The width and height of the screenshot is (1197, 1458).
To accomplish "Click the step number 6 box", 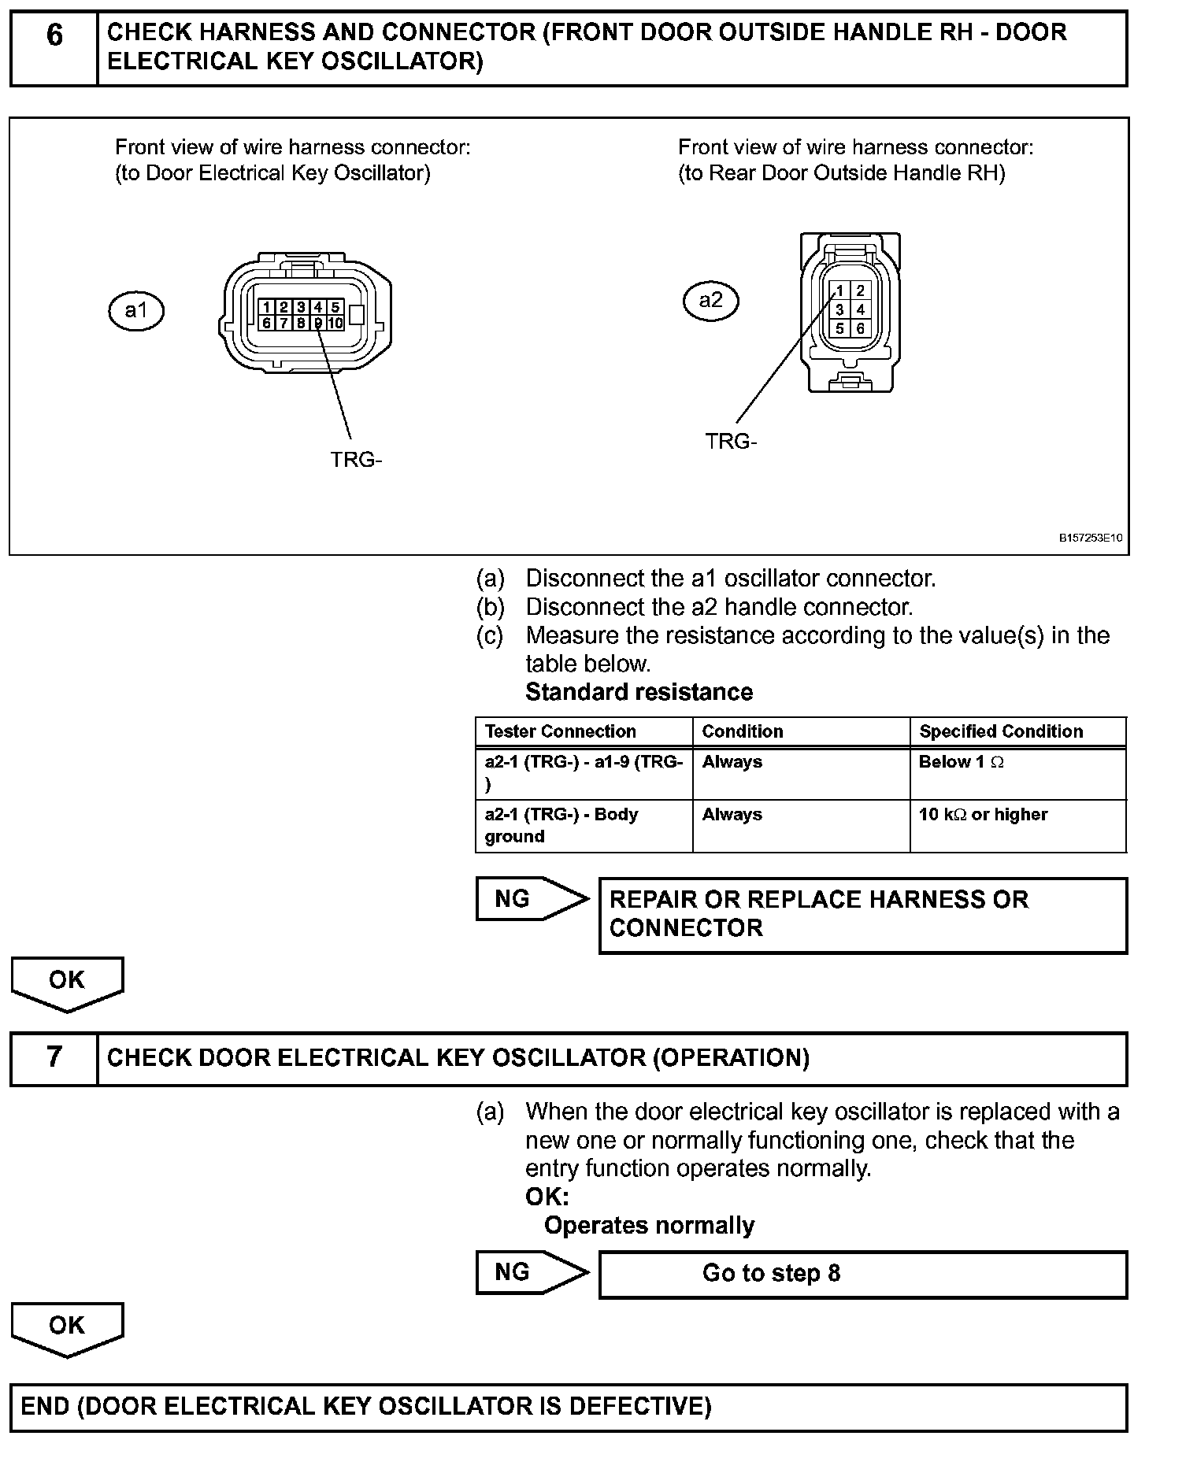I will tap(54, 47).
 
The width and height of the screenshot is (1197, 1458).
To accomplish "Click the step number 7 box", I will tap(54, 1057).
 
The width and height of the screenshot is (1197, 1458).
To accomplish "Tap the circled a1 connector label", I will tap(135, 311).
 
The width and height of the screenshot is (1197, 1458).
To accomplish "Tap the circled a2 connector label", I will tap(710, 300).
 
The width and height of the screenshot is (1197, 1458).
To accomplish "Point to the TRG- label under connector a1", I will tap(356, 460).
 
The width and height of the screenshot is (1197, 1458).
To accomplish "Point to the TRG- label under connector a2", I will tap(731, 442).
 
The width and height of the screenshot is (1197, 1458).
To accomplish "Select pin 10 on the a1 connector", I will tap(335, 323).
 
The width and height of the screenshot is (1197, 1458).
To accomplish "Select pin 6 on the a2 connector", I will tap(860, 328).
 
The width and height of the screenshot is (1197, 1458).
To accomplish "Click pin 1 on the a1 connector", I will tap(267, 307).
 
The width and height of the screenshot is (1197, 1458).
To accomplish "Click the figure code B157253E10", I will tap(1090, 538).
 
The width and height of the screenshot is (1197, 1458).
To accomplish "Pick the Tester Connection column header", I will tap(560, 731).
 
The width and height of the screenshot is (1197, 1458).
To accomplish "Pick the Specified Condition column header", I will tap(1001, 731).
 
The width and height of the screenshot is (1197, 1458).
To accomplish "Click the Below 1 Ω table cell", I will tap(961, 762).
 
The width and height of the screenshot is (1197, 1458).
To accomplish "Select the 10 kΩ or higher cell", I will tap(983, 815).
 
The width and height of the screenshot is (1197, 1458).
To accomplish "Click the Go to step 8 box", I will tap(862, 1274).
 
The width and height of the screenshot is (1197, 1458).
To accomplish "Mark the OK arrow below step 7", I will tap(67, 1329).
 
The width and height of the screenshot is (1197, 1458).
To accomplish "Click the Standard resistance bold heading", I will tap(639, 692).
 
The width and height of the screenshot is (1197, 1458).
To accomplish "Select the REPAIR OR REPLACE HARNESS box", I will tap(862, 914).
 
